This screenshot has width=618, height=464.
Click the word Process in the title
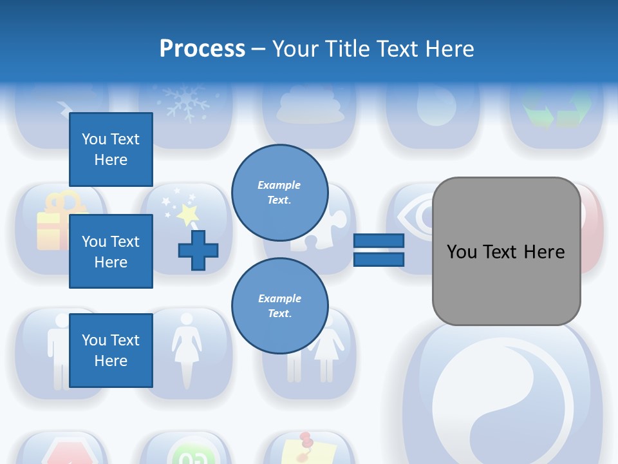pos(202,49)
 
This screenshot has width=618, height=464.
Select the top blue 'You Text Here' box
pos(111,150)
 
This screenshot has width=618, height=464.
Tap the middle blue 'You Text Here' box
pos(111,251)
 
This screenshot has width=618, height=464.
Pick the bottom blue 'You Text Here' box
pos(111,351)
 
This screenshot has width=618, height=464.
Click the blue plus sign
pos(198,250)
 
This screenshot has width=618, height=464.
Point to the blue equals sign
pos(379,250)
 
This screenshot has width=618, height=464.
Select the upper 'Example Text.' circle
pos(279,192)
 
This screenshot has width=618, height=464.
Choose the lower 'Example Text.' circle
pos(279,305)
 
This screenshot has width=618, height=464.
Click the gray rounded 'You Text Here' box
pos(506,251)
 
